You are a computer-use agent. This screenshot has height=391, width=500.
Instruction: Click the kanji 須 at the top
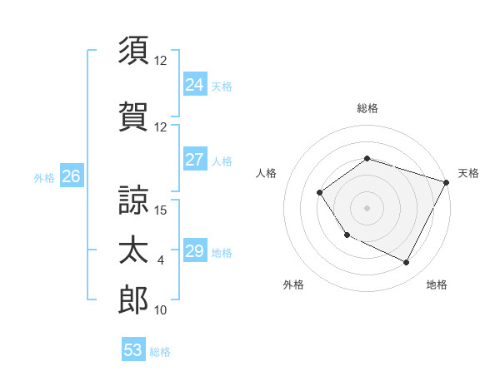133,50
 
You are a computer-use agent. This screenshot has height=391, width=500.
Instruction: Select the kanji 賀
133,116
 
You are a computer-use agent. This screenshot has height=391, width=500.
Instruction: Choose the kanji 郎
133,299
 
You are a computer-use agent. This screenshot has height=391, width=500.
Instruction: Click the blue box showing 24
194,85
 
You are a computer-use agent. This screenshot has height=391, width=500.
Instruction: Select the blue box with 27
194,160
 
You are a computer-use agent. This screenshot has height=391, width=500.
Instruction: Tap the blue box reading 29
194,251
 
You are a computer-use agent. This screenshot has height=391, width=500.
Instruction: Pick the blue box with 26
71,176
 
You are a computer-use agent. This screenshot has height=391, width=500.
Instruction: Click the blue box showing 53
133,350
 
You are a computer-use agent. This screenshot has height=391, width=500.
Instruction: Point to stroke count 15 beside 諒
162,210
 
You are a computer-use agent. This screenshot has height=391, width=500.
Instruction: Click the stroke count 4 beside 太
161,260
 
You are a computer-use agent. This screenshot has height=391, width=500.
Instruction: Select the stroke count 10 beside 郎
161,310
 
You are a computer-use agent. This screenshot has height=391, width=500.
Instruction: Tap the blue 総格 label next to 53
160,352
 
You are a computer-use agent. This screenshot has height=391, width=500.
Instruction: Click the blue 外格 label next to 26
44,177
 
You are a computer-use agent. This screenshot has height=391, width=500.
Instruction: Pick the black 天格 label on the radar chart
468,173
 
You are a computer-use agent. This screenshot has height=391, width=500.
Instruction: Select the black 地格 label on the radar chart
437,285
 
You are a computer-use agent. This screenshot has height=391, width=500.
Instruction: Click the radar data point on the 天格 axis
447,181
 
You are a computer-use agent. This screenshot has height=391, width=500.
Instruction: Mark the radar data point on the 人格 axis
320,193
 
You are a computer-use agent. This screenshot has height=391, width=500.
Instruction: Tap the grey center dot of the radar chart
367,208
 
